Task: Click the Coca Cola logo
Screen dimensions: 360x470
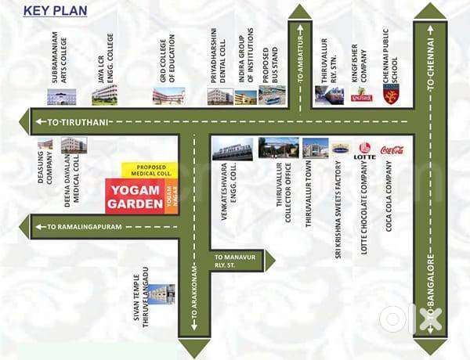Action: (x=392, y=149)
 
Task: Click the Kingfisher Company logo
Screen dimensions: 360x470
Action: (x=361, y=95)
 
